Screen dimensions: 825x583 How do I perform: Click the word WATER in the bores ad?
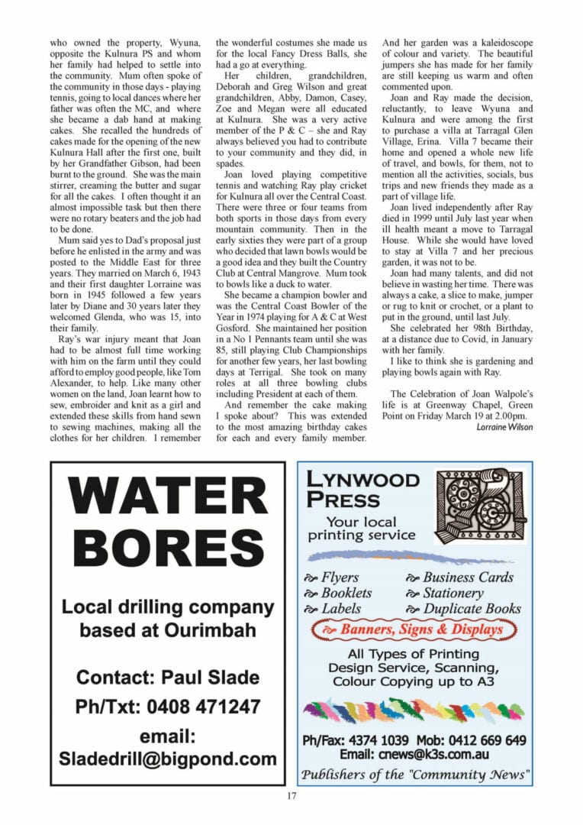[x=168, y=498]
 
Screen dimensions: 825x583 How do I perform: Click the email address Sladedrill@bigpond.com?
[x=168, y=759]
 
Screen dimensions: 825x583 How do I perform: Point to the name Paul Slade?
[x=208, y=677]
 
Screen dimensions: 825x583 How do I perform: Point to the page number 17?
[x=291, y=797]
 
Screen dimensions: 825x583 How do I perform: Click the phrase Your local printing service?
[x=361, y=529]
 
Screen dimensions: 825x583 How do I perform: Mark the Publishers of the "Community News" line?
[x=414, y=775]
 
